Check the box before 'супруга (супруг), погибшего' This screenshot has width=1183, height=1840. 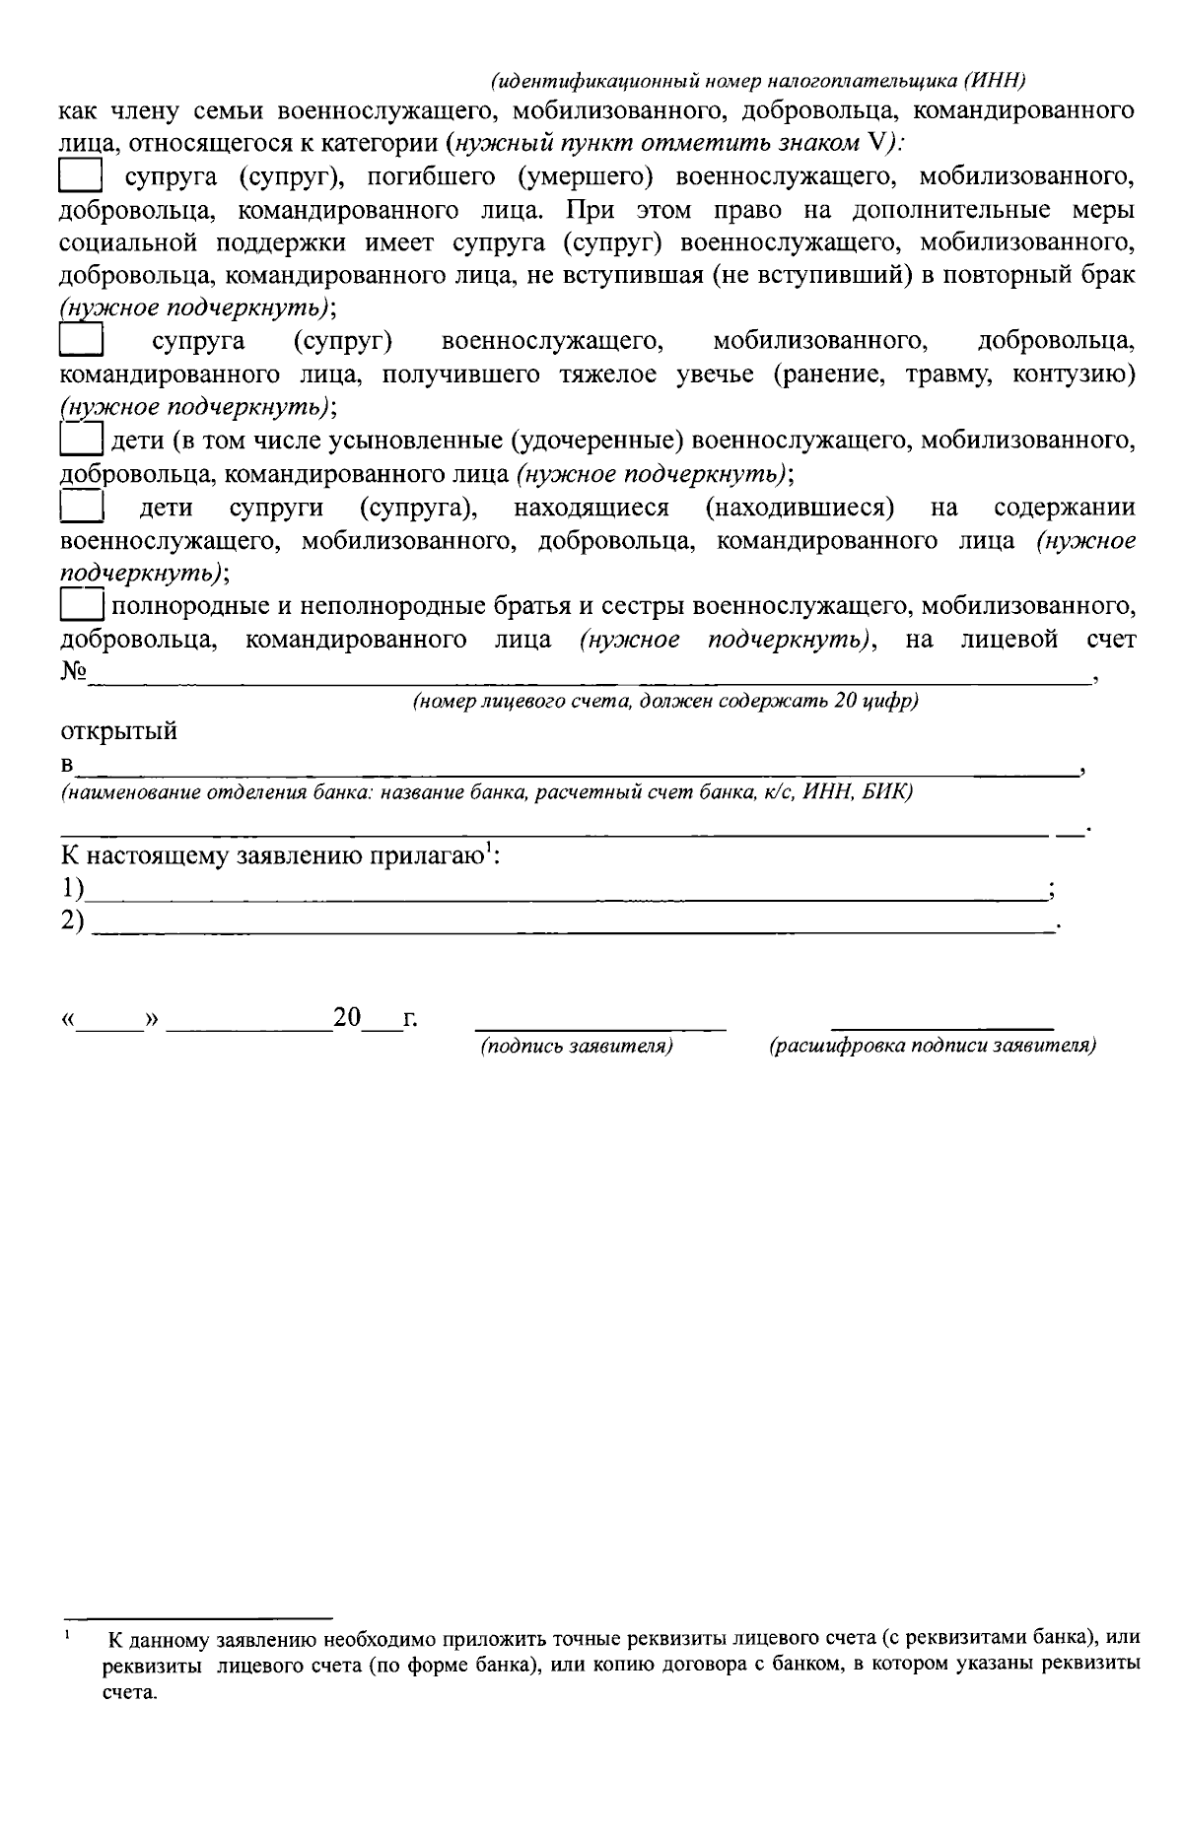pyautogui.click(x=81, y=177)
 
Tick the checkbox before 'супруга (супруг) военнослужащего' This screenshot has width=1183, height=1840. pyautogui.click(x=81, y=340)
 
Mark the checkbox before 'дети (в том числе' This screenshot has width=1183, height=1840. pyautogui.click(x=81, y=438)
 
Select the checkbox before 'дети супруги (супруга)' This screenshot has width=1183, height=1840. pyautogui.click(x=81, y=508)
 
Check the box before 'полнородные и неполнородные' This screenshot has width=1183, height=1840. pyautogui.click(x=81, y=603)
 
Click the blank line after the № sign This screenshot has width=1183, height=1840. pyautogui.click(x=591, y=676)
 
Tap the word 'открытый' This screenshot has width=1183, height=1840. pyautogui.click(x=119, y=732)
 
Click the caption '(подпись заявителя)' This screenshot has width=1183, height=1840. pyautogui.click(x=577, y=1046)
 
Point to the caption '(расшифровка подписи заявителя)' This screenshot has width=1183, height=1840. pyautogui.click(x=933, y=1046)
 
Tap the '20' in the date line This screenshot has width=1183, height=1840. pyautogui.click(x=348, y=1018)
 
